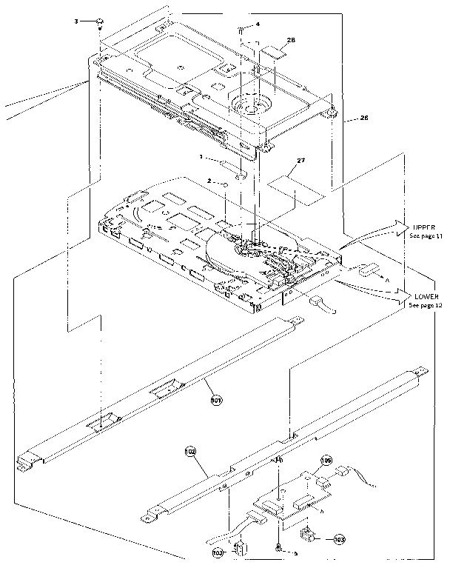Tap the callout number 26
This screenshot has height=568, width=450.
click(363, 118)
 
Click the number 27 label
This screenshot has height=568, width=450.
click(300, 160)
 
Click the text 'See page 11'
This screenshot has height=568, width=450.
click(426, 235)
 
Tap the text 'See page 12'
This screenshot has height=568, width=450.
click(426, 305)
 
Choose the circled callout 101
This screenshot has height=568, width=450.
click(216, 400)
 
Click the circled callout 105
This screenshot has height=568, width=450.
click(326, 461)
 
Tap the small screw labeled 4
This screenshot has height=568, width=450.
click(241, 29)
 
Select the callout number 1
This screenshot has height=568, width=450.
click(201, 157)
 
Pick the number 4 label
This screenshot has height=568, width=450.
click(258, 24)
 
